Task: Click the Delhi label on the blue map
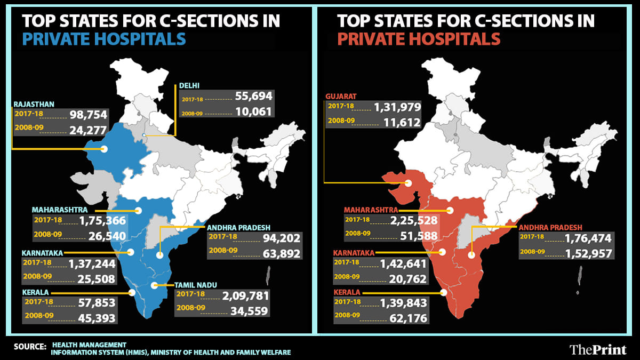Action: [189, 85]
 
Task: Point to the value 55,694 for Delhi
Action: [253, 97]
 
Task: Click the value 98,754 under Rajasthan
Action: [88, 115]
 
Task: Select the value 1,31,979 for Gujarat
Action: [397, 107]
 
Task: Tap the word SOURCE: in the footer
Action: [30, 347]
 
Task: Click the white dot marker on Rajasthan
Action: [104, 149]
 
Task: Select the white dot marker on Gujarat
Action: [408, 183]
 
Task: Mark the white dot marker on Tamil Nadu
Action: [155, 286]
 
